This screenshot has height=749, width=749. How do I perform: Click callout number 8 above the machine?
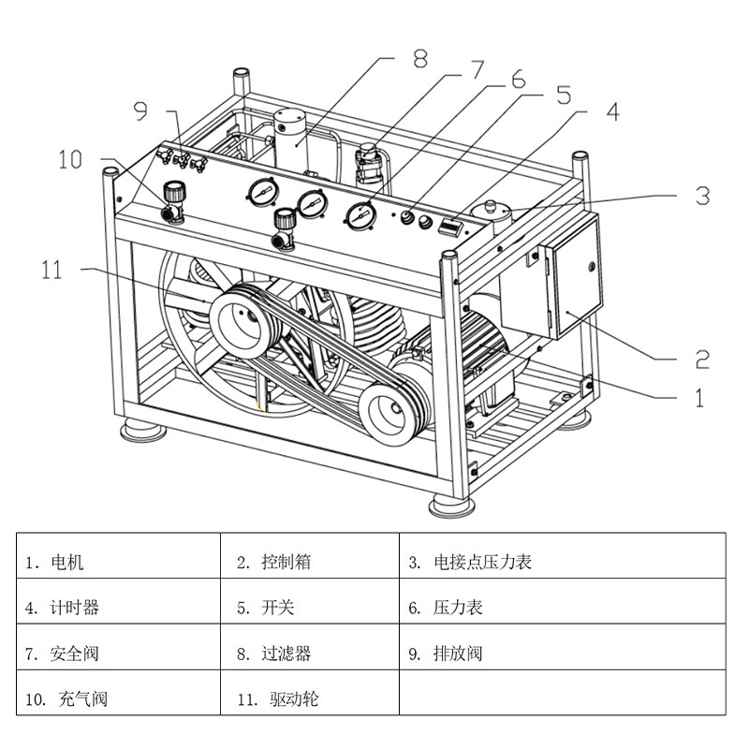pyautogui.click(x=419, y=58)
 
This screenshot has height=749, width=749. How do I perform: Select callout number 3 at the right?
pyautogui.click(x=702, y=196)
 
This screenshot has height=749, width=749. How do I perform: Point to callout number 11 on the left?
pyautogui.click(x=51, y=271)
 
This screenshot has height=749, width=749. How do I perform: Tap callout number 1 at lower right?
pyautogui.click(x=698, y=397)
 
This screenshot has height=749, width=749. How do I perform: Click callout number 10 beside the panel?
pyautogui.click(x=71, y=159)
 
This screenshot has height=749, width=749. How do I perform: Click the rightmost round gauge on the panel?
pyautogui.click(x=359, y=214)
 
